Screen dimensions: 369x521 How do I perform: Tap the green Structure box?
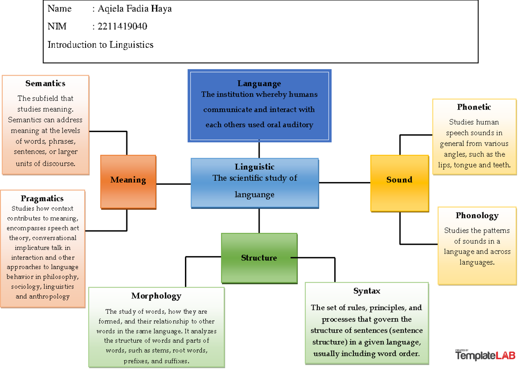pyautogui.click(x=259, y=258)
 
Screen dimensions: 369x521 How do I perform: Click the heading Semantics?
pyautogui.click(x=45, y=83)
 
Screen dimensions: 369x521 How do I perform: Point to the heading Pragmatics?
pyautogui.click(x=42, y=199)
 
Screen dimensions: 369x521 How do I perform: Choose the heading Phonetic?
pyautogui.click(x=474, y=107)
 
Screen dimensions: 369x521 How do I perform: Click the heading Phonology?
pyautogui.click(x=477, y=216)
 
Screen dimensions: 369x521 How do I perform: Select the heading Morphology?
pyautogui.click(x=156, y=296)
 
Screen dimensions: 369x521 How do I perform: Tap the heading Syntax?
pyautogui.click(x=366, y=291)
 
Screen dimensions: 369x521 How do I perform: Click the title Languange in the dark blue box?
pyautogui.click(x=259, y=84)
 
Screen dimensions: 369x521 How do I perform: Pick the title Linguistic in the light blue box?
pyautogui.click(x=254, y=167)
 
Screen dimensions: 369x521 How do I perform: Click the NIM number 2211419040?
pyautogui.click(x=122, y=27)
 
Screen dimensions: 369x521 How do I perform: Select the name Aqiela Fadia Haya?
pyautogui.click(x=135, y=9)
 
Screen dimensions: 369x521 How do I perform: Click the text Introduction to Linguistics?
pyautogui.click(x=100, y=45)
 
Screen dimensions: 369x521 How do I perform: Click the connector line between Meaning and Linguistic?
pyautogui.click(x=173, y=184)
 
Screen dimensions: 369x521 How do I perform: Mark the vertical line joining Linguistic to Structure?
pyautogui.click(x=259, y=221)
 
